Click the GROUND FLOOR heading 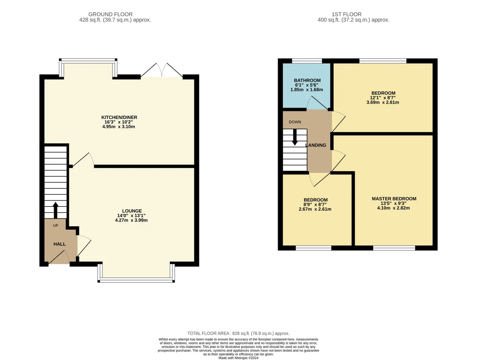pos(110,14)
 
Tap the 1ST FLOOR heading pos(347,14)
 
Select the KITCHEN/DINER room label pos(119,117)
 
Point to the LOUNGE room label pos(132,211)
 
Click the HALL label pos(60,244)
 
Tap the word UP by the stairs pos(56,226)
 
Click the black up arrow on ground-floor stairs pos(56,210)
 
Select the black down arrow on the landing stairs pos(295,137)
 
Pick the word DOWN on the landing pos(295,122)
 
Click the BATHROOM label pos(307,80)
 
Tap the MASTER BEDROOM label pos(394,199)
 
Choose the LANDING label pos(316,145)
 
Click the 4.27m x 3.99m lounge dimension pos(131,220)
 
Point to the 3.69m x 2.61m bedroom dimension pos(383,102)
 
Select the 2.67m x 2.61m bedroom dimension pos(315,209)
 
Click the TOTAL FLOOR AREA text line pos(238,333)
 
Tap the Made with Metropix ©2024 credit pos(238,358)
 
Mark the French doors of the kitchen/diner pos(162,70)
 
